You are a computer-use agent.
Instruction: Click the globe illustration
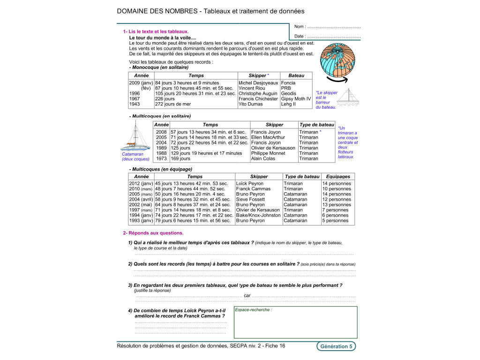pyautogui.click(x=340, y=59)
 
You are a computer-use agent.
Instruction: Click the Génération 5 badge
pyautogui.click(x=336, y=346)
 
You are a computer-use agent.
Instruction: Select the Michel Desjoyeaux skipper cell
pyautogui.click(x=258, y=83)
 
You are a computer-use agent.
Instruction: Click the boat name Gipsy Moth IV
pyautogui.click(x=296, y=99)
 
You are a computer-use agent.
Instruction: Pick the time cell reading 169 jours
pyautogui.click(x=180, y=158)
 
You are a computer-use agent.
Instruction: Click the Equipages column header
pyautogui.click(x=338, y=176)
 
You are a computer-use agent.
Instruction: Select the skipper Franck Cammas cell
pyautogui.click(x=254, y=189)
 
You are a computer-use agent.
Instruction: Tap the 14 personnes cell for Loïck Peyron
pyautogui.click(x=336, y=183)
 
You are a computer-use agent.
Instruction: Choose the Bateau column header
pyautogui.click(x=296, y=75)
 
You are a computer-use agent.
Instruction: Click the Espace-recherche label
pyautogui.click(x=253, y=310)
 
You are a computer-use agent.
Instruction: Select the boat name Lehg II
pyautogui.click(x=288, y=104)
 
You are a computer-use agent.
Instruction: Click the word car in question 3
pyautogui.click(x=247, y=296)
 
